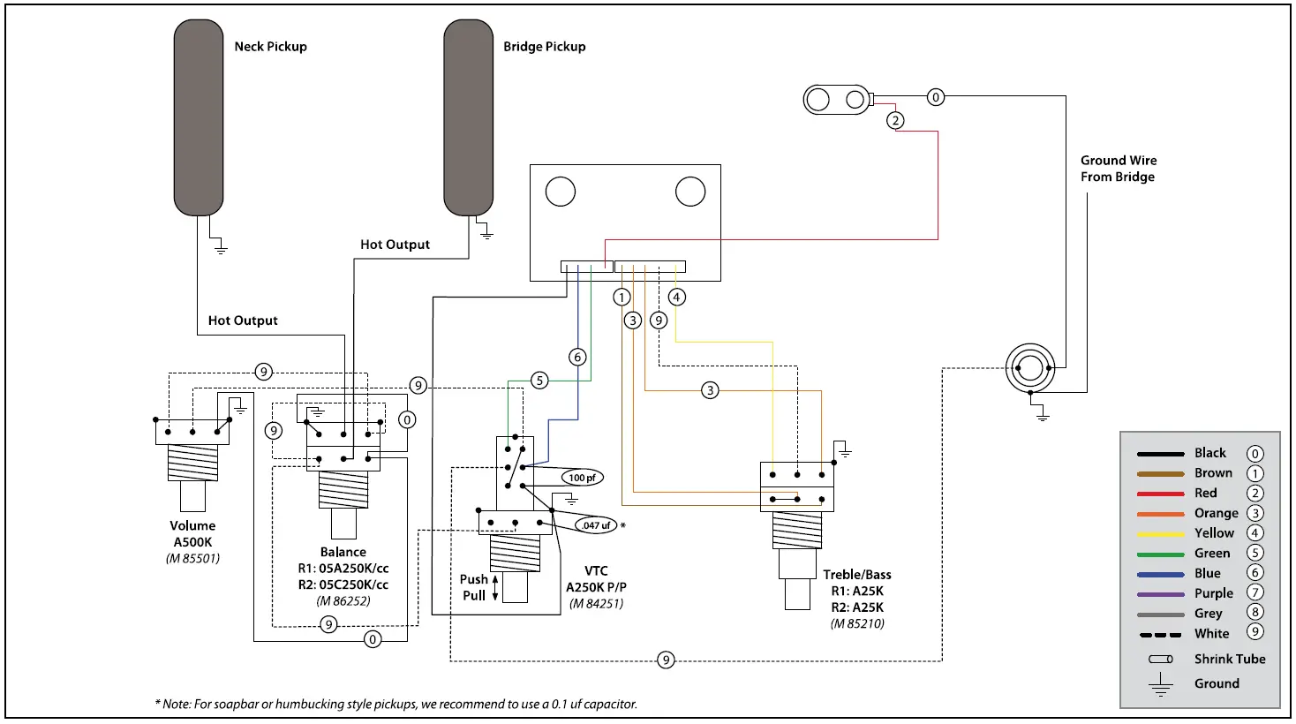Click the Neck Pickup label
point(270,47)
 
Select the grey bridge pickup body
point(468,117)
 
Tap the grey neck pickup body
point(199,117)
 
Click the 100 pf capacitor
point(582,478)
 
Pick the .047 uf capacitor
point(596,525)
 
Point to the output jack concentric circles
point(1029,367)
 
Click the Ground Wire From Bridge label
point(1118,169)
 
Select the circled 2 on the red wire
point(895,120)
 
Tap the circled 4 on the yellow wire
point(676,297)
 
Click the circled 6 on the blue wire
point(577,357)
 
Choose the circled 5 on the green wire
point(539,381)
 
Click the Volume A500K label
point(192,534)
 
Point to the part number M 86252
point(343,601)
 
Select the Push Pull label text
point(474,587)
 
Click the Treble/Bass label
point(856,575)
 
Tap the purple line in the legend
point(1160,594)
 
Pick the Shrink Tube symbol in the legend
point(1160,660)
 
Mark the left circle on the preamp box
point(560,192)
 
